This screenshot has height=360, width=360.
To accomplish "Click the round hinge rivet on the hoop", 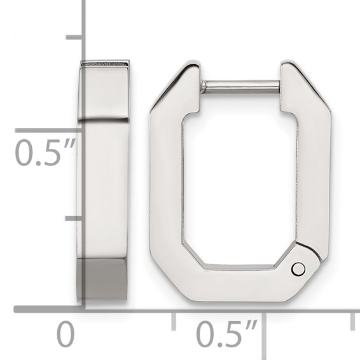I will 298,269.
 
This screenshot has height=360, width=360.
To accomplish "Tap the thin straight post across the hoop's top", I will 240,86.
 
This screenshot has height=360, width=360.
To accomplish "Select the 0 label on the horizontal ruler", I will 66,333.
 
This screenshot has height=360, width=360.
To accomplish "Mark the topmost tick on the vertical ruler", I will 75,38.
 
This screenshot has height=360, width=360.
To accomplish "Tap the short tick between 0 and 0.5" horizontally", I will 174,320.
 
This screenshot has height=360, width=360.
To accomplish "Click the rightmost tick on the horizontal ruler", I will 352,320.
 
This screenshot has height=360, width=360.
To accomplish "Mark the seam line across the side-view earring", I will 103,119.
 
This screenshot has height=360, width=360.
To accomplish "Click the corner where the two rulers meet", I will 83,310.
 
